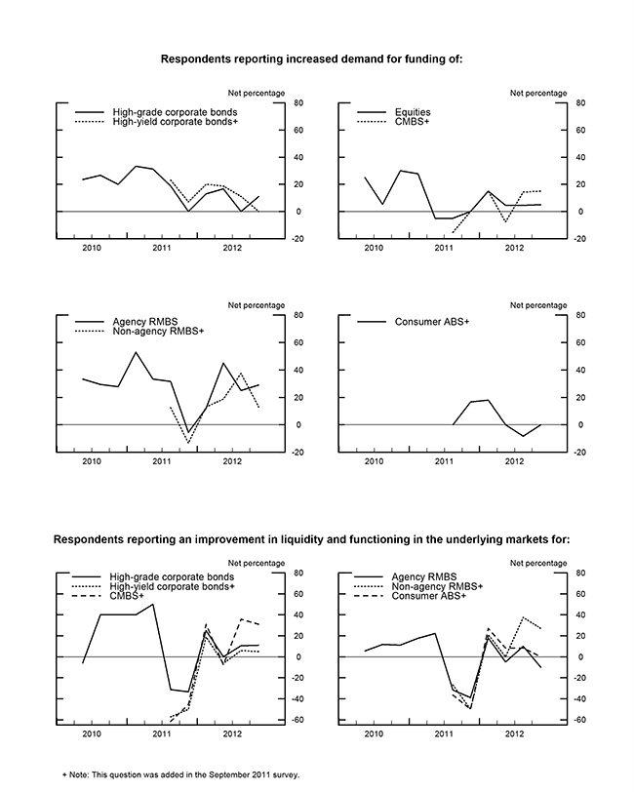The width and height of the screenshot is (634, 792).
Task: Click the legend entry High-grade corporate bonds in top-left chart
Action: pos(175,112)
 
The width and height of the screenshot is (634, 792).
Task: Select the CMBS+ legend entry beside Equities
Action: pos(414,122)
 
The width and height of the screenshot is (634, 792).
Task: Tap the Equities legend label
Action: pos(414,112)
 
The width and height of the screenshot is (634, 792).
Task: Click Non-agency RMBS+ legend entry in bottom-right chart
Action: pos(435,586)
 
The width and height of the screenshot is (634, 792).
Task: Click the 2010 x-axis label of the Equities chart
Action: pos(373,250)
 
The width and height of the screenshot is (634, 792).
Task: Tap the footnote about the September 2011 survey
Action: pos(180,775)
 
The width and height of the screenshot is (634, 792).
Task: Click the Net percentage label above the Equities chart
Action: pos(539,93)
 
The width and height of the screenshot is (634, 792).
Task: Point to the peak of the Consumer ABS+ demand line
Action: pos(488,400)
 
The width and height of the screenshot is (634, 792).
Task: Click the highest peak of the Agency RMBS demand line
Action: pos(136,352)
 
